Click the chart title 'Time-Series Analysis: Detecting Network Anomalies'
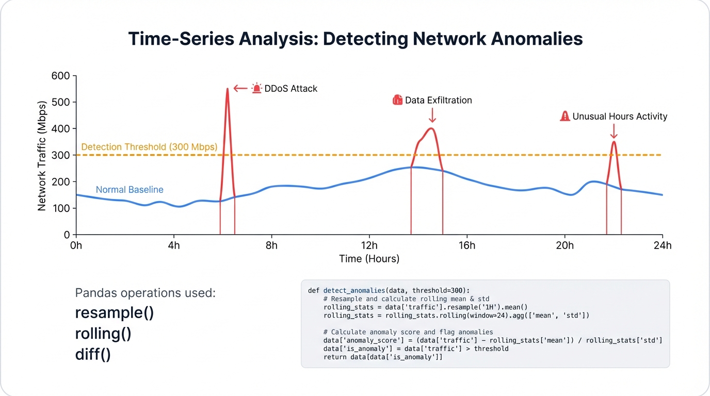355,39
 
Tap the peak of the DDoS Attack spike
228,90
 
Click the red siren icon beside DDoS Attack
256,88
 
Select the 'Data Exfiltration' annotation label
438,100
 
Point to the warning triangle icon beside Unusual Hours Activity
565,117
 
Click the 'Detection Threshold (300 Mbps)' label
149,147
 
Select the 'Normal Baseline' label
130,190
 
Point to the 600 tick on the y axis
61,76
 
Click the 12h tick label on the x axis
369,245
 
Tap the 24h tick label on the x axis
662,245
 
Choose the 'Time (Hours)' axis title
369,259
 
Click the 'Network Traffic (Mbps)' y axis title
42,155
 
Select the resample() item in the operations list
115,313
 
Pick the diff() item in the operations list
93,355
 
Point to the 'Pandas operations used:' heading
146,293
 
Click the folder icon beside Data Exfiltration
397,100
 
